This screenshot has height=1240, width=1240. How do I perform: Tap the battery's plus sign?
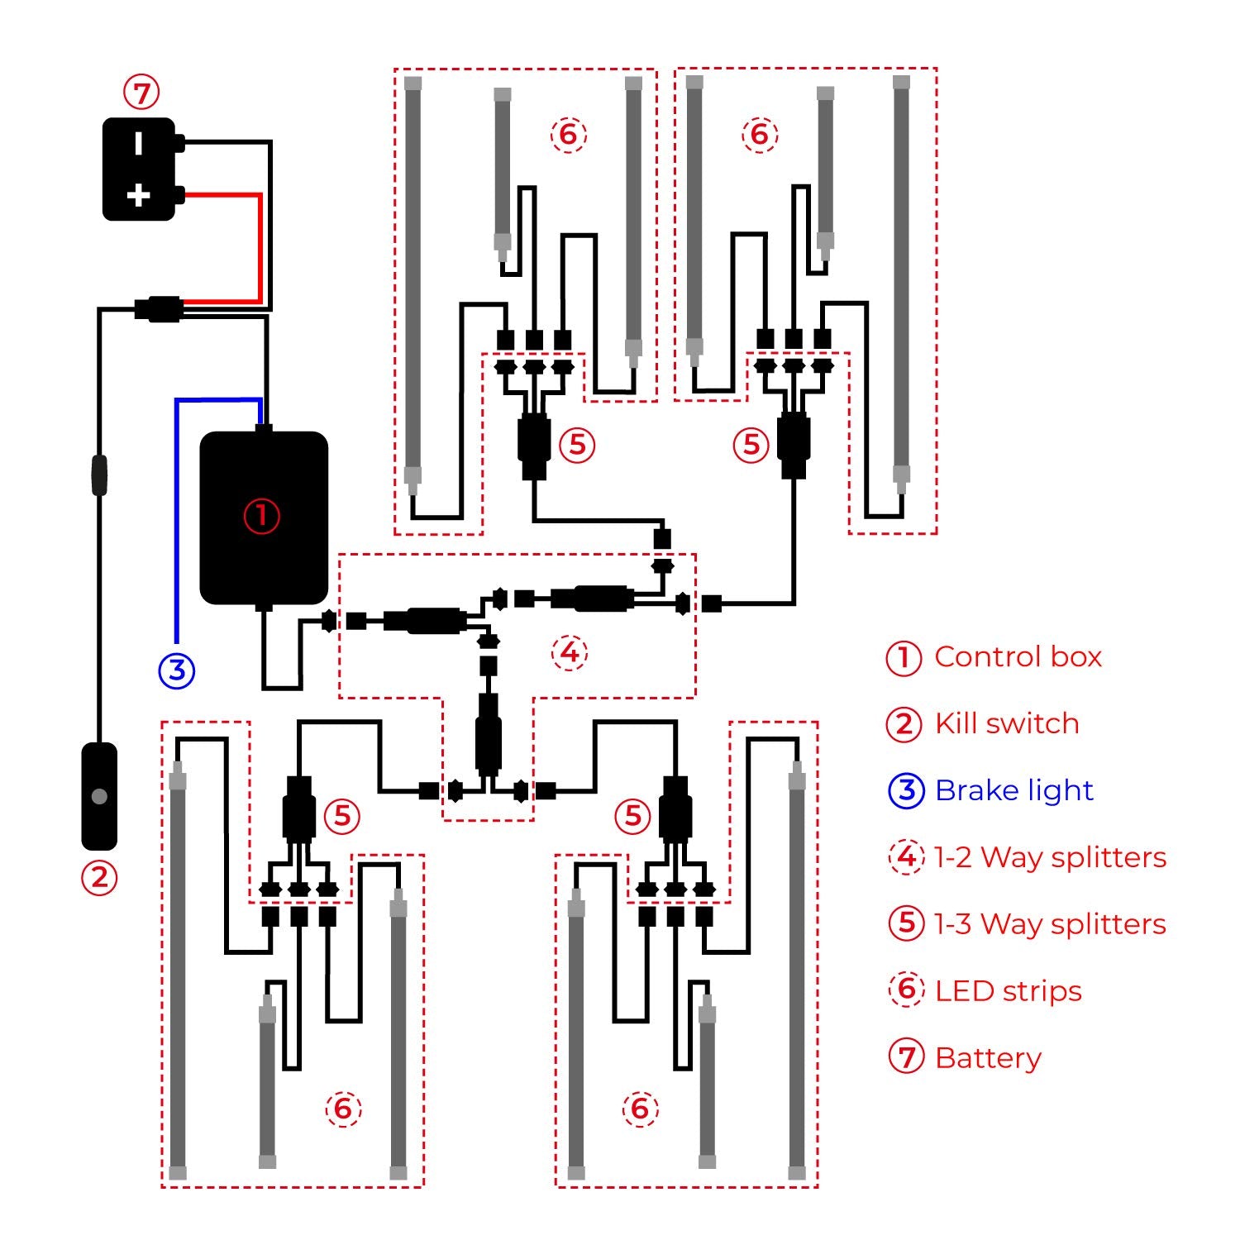click(x=138, y=196)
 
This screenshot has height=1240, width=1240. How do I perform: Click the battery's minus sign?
click(x=138, y=143)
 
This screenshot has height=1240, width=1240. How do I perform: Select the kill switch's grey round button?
click(x=99, y=796)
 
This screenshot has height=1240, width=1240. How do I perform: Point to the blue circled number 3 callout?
click(x=177, y=670)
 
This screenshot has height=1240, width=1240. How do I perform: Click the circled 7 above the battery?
click(x=141, y=92)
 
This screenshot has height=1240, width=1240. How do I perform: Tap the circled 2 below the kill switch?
click(x=99, y=877)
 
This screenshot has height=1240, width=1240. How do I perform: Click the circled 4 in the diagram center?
click(x=570, y=652)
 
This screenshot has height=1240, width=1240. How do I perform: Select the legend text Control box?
click(x=1018, y=657)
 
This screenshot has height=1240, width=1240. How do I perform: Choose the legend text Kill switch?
click(x=1007, y=724)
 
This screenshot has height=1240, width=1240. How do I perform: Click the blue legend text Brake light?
click(x=1014, y=790)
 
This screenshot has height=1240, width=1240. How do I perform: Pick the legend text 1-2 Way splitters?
click(x=1050, y=857)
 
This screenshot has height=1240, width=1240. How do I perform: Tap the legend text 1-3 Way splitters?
click(x=1050, y=923)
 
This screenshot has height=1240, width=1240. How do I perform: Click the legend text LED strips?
click(x=1009, y=990)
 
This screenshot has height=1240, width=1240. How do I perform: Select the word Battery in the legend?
click(x=988, y=1057)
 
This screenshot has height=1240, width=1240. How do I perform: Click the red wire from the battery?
click(x=260, y=248)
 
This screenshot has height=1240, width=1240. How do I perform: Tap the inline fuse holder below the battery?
click(x=159, y=309)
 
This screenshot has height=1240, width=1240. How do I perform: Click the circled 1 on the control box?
click(x=261, y=516)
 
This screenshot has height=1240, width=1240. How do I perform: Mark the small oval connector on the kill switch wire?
click(x=99, y=475)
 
